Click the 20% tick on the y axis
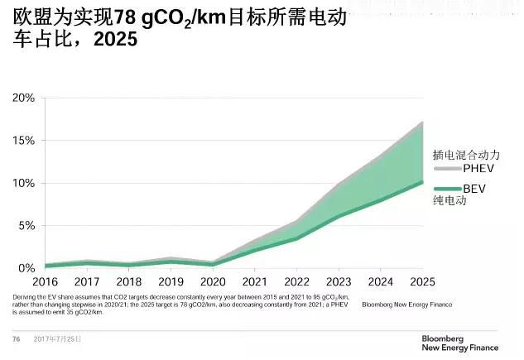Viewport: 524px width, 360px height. click(x=22, y=98)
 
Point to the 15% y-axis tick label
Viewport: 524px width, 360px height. click(x=22, y=141)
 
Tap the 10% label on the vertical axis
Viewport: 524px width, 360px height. click(x=22, y=183)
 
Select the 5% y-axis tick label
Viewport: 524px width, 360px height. click(x=26, y=226)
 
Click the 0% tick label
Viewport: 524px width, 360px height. click(x=26, y=268)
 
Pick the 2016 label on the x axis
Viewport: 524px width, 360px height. click(x=45, y=283)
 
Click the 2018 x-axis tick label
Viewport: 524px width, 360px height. click(x=128, y=283)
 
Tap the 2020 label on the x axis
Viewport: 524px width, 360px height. click(x=212, y=283)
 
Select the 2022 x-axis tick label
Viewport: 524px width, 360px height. click(x=296, y=283)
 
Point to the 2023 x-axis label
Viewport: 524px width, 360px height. click(x=339, y=283)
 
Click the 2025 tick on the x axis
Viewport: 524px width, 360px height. click(x=422, y=283)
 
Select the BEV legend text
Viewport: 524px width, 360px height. click(x=474, y=189)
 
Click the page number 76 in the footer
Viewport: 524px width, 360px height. click(x=16, y=339)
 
